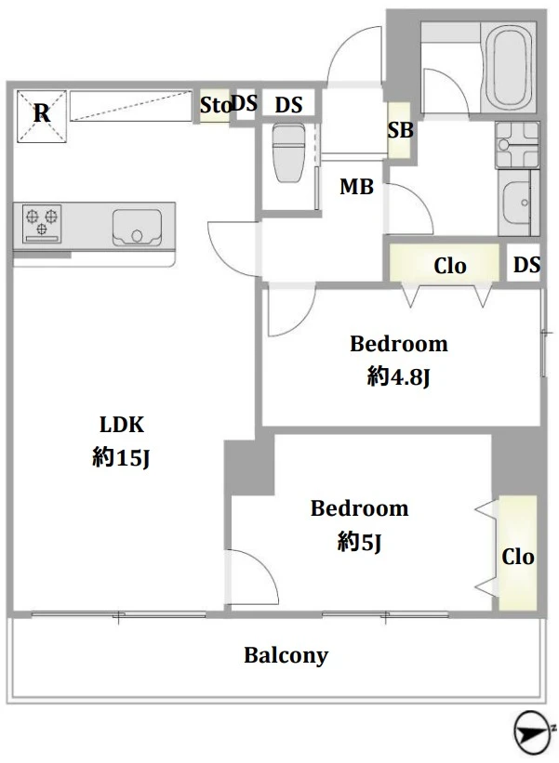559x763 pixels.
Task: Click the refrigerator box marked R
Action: (x=41, y=115)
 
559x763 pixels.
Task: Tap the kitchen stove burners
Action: (x=42, y=220)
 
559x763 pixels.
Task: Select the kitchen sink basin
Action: (x=136, y=225)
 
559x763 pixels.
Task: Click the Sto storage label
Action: (x=214, y=106)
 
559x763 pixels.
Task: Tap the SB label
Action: (x=400, y=130)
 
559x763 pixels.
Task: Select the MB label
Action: (x=355, y=188)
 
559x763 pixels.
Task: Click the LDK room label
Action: (x=122, y=426)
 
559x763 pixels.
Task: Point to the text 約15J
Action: (x=121, y=457)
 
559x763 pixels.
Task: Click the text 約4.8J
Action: (x=398, y=376)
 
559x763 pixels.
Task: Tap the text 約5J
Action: (x=359, y=541)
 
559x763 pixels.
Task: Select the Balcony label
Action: (x=286, y=656)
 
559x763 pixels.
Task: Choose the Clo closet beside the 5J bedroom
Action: (x=518, y=556)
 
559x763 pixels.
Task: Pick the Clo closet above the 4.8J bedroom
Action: (x=450, y=266)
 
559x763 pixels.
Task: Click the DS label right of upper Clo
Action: (x=526, y=266)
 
